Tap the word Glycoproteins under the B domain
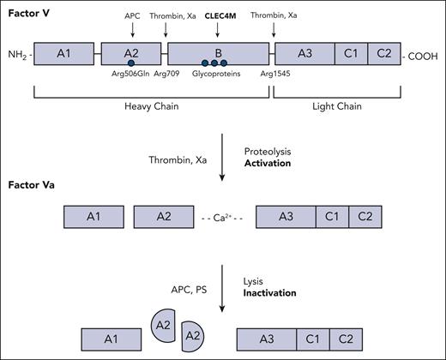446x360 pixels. [218, 75]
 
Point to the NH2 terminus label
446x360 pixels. [17, 56]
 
